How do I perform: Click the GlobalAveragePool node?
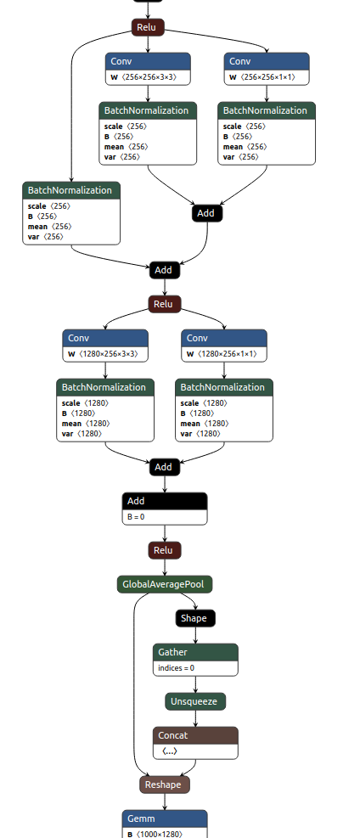(165, 584)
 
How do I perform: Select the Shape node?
(195, 618)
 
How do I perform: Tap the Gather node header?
(195, 652)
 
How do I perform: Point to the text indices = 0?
(176, 667)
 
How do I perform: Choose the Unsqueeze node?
(195, 701)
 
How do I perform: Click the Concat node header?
(195, 735)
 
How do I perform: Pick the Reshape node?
(165, 785)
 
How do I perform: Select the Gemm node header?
(165, 818)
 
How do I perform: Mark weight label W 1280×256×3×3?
(105, 354)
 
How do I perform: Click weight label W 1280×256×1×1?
(224, 354)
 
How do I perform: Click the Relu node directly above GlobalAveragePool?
(165, 550)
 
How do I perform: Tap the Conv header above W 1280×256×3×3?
(105, 338)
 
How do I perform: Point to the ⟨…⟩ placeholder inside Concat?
(170, 751)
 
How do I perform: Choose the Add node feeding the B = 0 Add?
(164, 467)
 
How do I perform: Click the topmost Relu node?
(147, 27)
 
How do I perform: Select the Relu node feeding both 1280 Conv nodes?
(165, 304)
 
